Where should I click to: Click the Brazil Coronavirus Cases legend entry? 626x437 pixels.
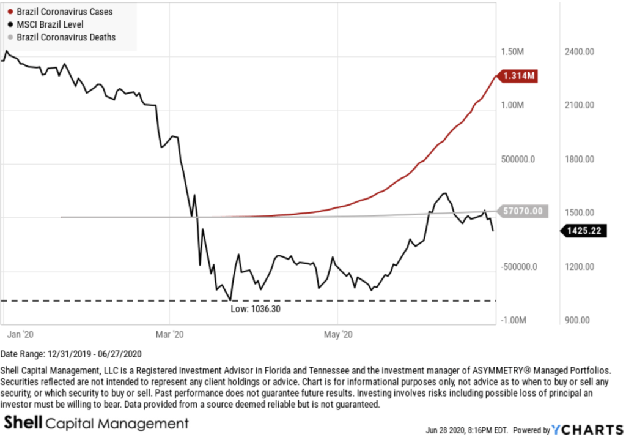pyautogui.click(x=65, y=12)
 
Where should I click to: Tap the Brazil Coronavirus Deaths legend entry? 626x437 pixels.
pyautogui.click(x=66, y=37)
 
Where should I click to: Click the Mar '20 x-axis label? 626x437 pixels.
pyautogui.click(x=169, y=334)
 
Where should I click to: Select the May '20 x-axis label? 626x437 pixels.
pyautogui.click(x=337, y=334)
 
